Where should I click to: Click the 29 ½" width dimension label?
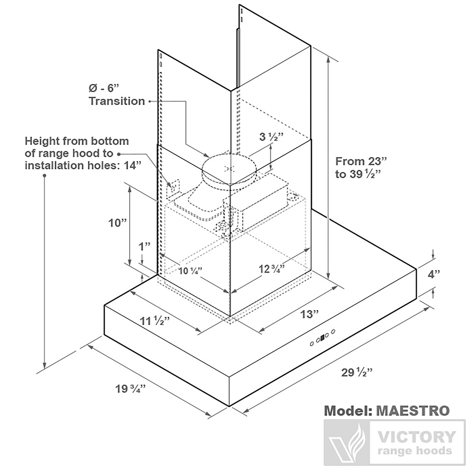pyautogui.click(x=356, y=373)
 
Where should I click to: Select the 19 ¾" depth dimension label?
pyautogui.click(x=131, y=388)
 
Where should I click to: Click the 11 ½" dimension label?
pyautogui.click(x=155, y=321)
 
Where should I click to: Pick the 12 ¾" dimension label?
pyautogui.click(x=272, y=269)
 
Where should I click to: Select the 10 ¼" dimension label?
pyautogui.click(x=190, y=271)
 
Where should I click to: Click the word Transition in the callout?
pyautogui.click(x=117, y=101)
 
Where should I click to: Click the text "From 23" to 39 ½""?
pyautogui.click(x=361, y=167)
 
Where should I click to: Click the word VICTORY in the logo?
pyautogui.click(x=417, y=437)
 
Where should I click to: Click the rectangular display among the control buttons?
pyautogui.click(x=322, y=338)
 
